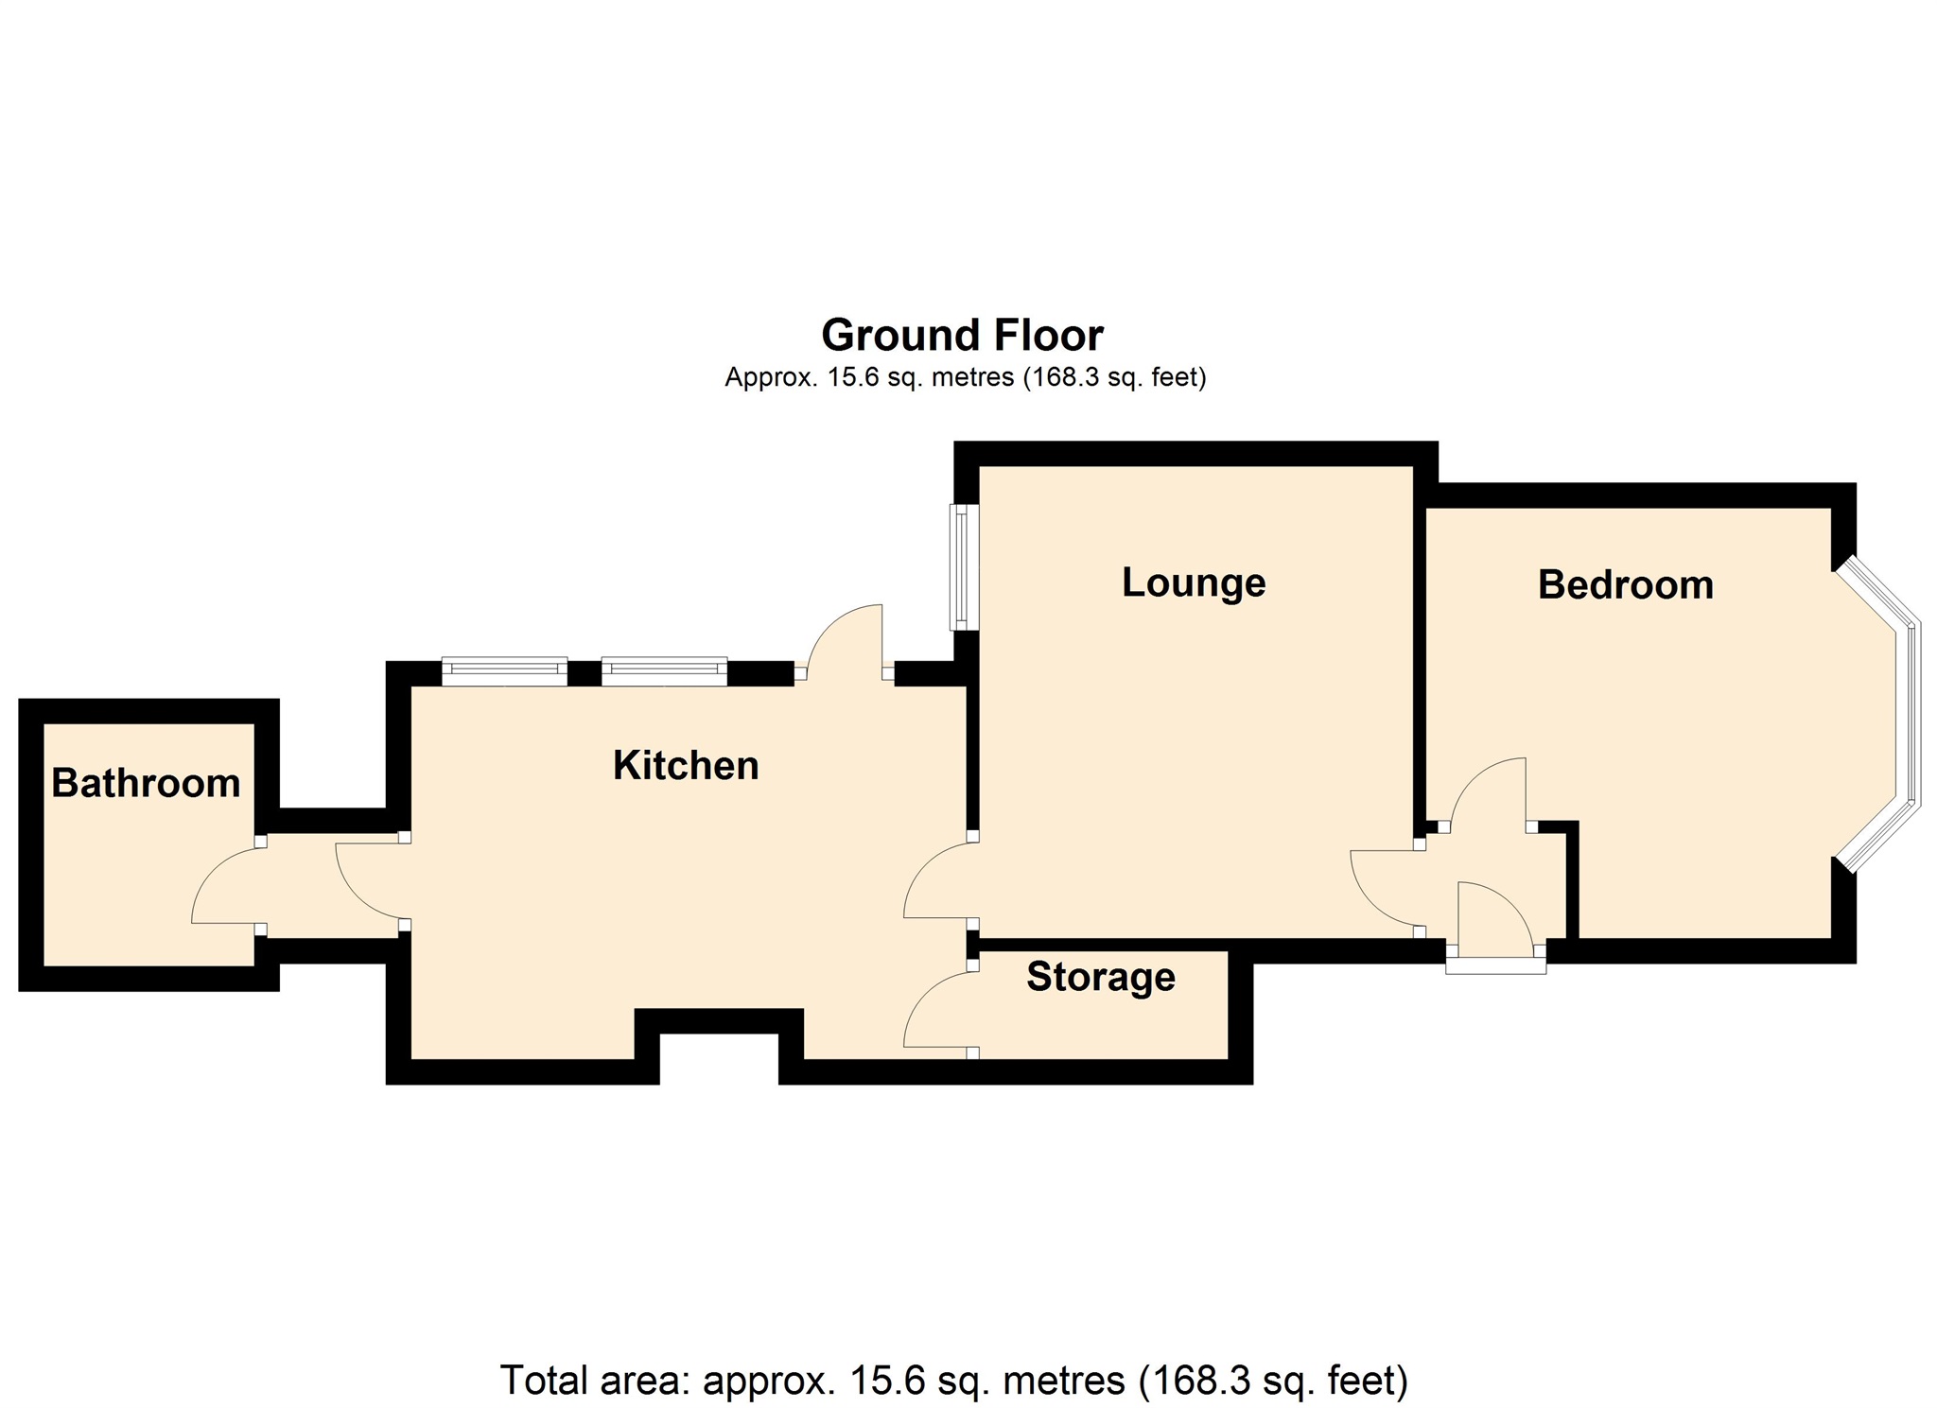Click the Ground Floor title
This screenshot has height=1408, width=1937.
click(962, 336)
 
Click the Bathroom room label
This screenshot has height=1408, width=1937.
click(146, 783)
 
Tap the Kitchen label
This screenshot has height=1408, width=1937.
click(686, 765)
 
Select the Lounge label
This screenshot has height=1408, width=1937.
click(1193, 582)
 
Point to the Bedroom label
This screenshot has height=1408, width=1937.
click(1625, 585)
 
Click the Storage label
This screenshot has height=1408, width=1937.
click(1100, 977)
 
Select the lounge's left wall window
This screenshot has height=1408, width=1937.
click(963, 567)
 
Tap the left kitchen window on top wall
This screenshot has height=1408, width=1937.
click(504, 671)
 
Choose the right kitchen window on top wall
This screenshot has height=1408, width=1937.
click(664, 671)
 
